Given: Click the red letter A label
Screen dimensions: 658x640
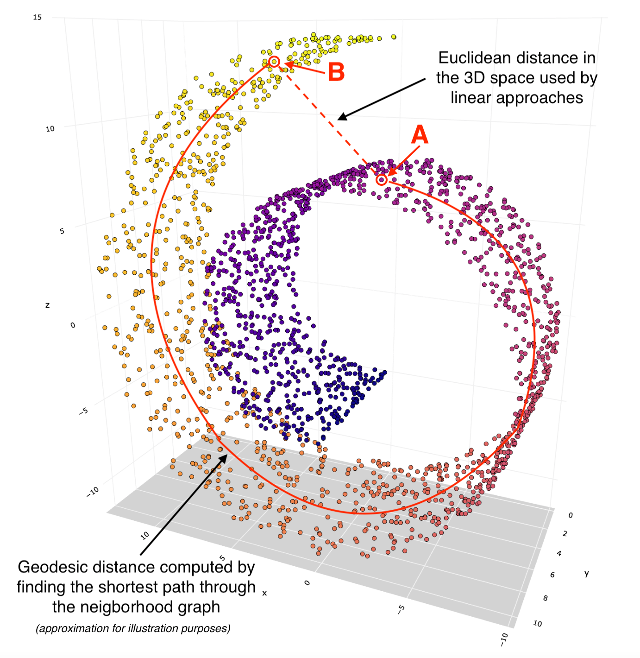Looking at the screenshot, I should pyautogui.click(x=420, y=135).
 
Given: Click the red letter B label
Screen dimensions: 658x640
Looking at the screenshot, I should pyautogui.click(x=336, y=72).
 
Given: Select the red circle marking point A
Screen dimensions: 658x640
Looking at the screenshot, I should pyautogui.click(x=381, y=179).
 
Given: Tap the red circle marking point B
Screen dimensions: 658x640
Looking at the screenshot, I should pyautogui.click(x=274, y=61).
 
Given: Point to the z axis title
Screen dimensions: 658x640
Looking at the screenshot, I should pyautogui.click(x=47, y=305).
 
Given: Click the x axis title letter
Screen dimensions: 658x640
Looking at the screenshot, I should pyautogui.click(x=264, y=593).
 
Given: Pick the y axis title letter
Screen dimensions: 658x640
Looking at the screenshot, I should pyautogui.click(x=586, y=574).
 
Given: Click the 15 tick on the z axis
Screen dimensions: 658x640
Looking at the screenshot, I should pyautogui.click(x=37, y=17).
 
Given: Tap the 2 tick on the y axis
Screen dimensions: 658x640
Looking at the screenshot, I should pyautogui.click(x=565, y=534).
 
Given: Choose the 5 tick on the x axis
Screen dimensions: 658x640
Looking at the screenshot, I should pyautogui.click(x=222, y=558).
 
